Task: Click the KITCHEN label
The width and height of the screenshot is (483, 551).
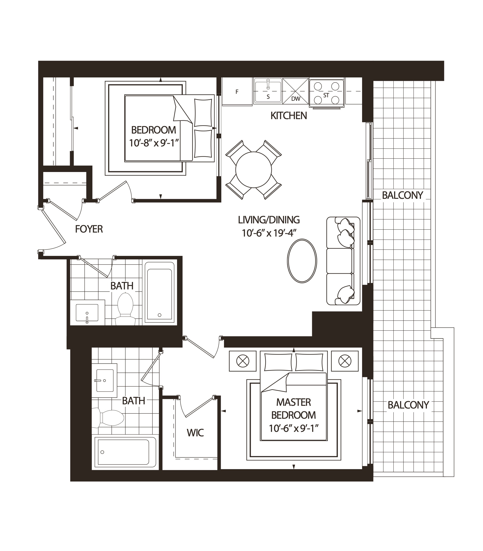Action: [288, 116]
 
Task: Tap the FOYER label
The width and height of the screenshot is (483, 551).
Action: [89, 229]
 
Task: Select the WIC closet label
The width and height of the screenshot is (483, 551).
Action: [195, 433]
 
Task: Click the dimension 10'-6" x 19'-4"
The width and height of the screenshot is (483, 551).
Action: [269, 233]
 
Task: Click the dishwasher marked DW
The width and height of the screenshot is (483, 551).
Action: [296, 91]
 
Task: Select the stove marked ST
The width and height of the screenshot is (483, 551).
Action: [326, 93]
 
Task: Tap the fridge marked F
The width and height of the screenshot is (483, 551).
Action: [237, 92]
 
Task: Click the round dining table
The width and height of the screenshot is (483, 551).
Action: [253, 170]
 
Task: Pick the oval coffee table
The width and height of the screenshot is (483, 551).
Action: [302, 261]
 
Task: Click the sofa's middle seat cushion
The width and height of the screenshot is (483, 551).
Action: [339, 261]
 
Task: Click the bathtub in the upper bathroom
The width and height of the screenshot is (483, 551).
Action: [159, 292]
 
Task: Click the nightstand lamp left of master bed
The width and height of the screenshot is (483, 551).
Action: [242, 361]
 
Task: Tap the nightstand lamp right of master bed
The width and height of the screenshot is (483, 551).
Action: [344, 361]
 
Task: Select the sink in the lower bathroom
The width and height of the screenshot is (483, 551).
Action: [104, 380]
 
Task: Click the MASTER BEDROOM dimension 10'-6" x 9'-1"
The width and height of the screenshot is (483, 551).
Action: [294, 428]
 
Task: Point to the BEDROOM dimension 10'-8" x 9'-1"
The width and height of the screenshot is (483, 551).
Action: [154, 143]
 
